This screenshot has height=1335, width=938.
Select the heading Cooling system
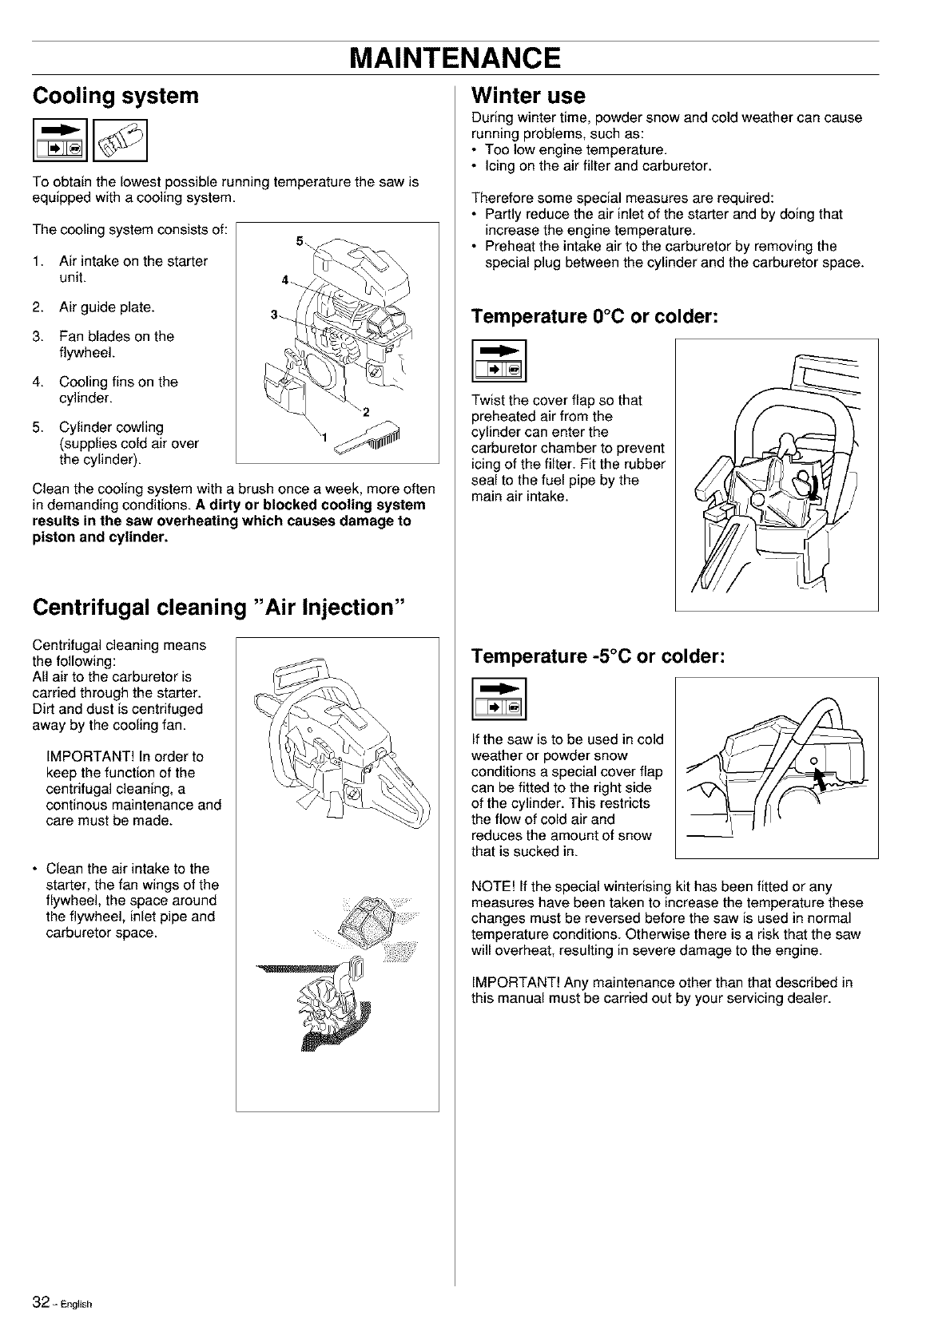(115, 97)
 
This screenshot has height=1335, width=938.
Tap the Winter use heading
(529, 96)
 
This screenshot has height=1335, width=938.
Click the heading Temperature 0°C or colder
(595, 317)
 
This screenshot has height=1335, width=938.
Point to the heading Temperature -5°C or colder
(598, 656)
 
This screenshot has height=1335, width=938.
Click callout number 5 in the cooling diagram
(300, 241)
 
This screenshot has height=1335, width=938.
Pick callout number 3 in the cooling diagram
(273, 315)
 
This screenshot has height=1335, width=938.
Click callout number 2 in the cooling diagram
(365, 413)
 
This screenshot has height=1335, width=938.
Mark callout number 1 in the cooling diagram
(324, 437)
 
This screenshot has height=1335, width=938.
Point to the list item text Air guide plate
(107, 307)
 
